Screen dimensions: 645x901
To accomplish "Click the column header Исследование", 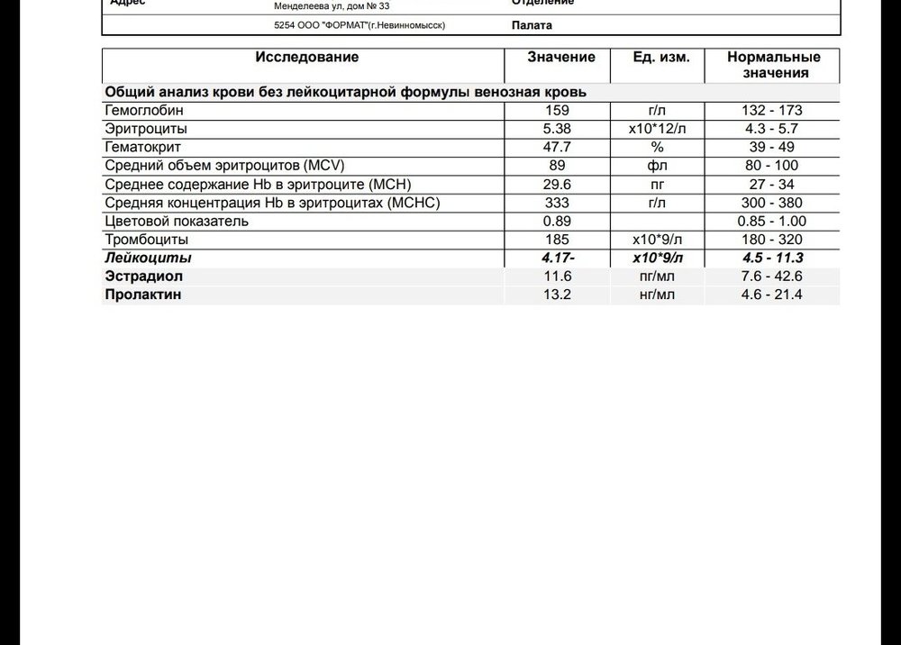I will click(306, 58).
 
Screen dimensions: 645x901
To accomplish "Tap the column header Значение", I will click(561, 58).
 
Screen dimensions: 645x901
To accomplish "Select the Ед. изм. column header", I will click(662, 58).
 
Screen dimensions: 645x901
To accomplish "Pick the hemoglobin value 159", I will click(558, 111).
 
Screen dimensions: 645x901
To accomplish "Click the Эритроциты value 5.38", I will click(558, 129).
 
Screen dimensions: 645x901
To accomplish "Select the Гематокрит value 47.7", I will click(558, 148).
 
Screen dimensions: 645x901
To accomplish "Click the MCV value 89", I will click(558, 166).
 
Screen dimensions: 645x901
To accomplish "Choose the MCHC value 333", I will click(558, 203).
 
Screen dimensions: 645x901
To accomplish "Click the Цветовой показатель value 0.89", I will click(558, 222).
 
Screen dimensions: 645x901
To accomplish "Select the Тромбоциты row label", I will click(147, 240).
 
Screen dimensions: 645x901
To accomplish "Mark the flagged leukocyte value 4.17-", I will click(559, 259).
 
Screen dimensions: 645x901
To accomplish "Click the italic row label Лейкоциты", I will click(149, 259).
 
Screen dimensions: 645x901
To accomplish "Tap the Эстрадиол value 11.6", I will click(558, 277).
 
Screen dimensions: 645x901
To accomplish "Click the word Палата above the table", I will click(532, 26).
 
